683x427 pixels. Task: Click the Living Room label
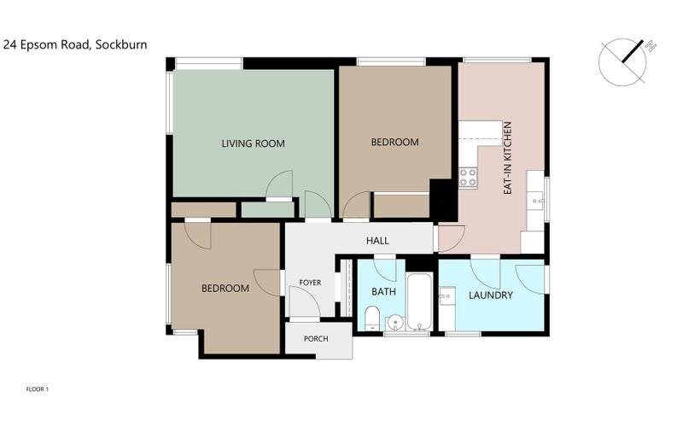point(253,143)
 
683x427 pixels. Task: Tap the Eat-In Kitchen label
point(507,158)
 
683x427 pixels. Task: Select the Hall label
point(377,241)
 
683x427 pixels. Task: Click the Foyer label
point(310,283)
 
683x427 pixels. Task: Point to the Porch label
point(316,338)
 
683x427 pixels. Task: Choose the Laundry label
point(490,295)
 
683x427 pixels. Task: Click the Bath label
point(383,291)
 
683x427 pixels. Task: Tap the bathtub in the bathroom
point(419,301)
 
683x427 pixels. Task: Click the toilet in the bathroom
point(372,318)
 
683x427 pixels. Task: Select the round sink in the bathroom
point(395,323)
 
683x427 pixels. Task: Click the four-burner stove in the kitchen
point(468,177)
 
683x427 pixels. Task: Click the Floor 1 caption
point(38,389)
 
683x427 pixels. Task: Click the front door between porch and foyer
point(305,303)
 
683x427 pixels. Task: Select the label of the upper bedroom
point(395,142)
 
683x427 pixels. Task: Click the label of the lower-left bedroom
point(225,289)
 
